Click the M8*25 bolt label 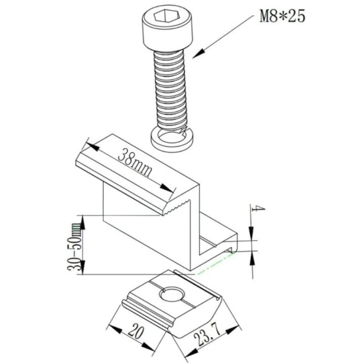tap(282, 16)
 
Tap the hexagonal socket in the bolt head tap(167, 16)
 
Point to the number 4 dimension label tap(258, 209)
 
